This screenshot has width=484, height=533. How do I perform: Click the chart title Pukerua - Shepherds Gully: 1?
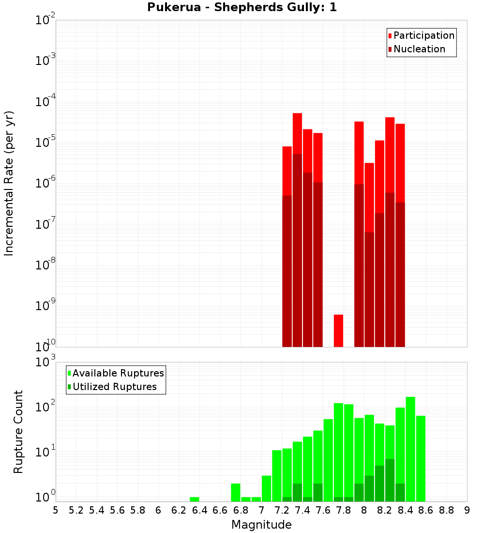coord(242,8)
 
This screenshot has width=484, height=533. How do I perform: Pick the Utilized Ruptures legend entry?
coord(114,387)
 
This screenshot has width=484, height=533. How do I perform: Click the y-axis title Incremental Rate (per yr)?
coord(9,183)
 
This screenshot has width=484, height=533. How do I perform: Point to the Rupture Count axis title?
coord(18,432)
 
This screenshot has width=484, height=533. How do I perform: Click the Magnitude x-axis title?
coord(261,524)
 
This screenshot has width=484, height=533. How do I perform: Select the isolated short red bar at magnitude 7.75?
coord(338,330)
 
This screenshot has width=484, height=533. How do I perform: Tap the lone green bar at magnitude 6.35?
coord(195,499)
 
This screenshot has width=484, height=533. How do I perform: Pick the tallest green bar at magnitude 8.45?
coord(410,449)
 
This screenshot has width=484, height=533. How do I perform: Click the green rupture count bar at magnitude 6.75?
coord(236,492)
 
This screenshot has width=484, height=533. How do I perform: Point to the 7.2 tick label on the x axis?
coord(282,510)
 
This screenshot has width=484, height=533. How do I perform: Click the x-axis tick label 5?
coord(56,510)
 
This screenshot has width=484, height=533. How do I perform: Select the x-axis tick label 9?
coord(467,510)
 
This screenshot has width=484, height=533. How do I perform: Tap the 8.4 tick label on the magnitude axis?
coord(405,510)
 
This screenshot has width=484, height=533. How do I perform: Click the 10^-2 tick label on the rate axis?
coord(45,20)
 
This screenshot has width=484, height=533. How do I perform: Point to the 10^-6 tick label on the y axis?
coord(45,184)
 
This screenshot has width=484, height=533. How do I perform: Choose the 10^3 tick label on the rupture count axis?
coord(46,362)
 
